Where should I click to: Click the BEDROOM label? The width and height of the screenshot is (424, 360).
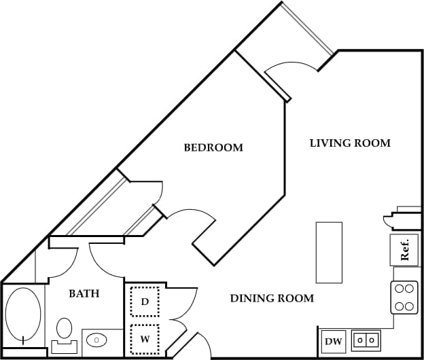[x=213, y=147]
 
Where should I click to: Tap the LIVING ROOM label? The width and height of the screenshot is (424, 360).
[x=350, y=143]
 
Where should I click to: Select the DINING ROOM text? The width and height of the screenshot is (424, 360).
[x=272, y=298]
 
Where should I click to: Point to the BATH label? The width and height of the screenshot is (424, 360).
[x=85, y=294]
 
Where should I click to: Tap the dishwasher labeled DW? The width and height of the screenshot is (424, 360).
[x=333, y=340]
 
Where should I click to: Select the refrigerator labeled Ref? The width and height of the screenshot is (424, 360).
[x=404, y=250]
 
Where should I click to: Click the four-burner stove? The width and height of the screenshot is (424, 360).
[x=405, y=297]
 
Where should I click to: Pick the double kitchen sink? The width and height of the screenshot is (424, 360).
[x=368, y=338]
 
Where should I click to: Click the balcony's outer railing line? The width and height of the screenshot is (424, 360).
[x=308, y=29]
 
